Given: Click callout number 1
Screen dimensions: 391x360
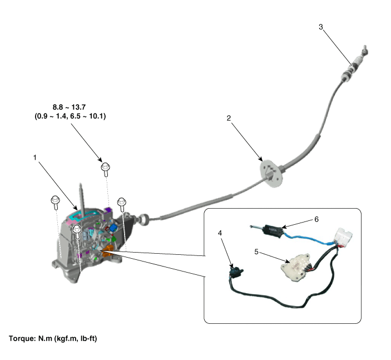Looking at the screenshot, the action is tap(35, 157).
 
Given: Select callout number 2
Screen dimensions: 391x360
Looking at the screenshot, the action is tap(229, 119).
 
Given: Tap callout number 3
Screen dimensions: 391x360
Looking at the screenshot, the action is tap(321, 27).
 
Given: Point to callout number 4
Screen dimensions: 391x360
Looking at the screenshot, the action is tap(220, 233).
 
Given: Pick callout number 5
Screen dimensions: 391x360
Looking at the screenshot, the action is tap(256, 252).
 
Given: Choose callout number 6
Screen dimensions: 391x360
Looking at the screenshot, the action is tap(316, 219).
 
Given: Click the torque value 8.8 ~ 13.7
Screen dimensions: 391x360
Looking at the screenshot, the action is tap(70, 107).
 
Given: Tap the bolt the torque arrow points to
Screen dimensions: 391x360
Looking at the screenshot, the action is tap(106, 169).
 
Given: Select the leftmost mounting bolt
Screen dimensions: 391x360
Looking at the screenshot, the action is tap(55, 202).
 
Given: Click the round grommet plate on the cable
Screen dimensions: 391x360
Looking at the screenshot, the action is tap(271, 173).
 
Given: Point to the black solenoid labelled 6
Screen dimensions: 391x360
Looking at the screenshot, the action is tap(273, 230).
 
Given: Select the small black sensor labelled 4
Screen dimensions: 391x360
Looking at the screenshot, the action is tap(236, 271).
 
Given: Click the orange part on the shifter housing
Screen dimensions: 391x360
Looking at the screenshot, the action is tap(108, 251).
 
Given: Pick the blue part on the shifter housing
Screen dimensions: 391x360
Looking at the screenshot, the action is tap(113, 228).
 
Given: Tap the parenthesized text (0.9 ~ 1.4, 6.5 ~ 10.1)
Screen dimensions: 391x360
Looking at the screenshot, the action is tap(70, 116).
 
